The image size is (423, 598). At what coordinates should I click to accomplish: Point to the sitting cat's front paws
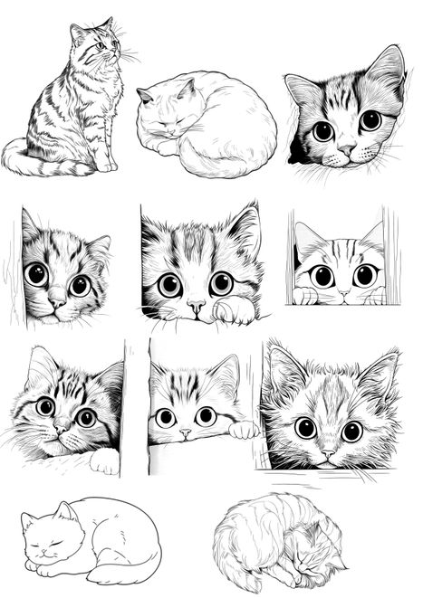pos(106,164)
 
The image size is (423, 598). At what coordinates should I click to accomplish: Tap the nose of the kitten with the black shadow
pos(346,147)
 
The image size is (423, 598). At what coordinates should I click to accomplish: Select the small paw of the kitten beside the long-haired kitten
pos(243,430)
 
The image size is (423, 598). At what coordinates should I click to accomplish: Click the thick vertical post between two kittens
pos(136,407)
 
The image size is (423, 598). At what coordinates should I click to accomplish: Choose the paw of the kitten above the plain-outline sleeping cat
pos(104,461)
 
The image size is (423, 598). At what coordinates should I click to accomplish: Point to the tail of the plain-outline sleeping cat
pos(127,572)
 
